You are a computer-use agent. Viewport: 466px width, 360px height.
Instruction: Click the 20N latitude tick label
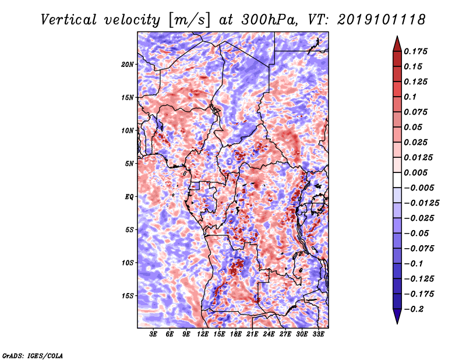tap(128, 65)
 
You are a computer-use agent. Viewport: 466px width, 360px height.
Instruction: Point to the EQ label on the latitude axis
tap(129, 197)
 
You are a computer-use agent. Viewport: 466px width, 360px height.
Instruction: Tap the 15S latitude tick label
tap(128, 296)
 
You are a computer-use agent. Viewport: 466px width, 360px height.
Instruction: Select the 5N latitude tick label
tap(129, 164)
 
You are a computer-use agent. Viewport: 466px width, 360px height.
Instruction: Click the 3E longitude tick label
tap(153, 334)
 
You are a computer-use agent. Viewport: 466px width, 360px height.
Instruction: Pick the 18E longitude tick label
tap(236, 334)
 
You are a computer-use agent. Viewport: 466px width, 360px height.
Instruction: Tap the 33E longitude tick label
tap(318, 334)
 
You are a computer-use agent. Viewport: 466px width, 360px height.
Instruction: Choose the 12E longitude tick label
tap(203, 334)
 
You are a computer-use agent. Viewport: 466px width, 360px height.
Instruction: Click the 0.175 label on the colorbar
tap(415, 51)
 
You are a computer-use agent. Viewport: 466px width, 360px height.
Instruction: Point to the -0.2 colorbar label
tap(414, 309)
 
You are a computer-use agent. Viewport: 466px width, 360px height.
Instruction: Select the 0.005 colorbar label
tap(415, 172)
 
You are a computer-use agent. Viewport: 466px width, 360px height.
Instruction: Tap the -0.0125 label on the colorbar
tap(421, 203)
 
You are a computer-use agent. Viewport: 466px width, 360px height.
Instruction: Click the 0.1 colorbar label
tap(410, 97)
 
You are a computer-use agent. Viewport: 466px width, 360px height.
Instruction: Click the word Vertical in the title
tap(69, 20)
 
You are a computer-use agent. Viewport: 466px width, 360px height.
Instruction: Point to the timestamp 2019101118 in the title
tap(382, 20)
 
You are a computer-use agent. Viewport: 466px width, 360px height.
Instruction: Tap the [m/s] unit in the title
tap(189, 20)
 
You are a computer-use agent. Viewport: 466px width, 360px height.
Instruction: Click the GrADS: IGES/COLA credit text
tap(33, 355)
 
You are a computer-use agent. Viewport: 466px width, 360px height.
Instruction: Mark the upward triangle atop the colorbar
tap(397, 44)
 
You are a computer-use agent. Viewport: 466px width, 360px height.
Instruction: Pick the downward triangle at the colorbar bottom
tap(397, 316)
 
